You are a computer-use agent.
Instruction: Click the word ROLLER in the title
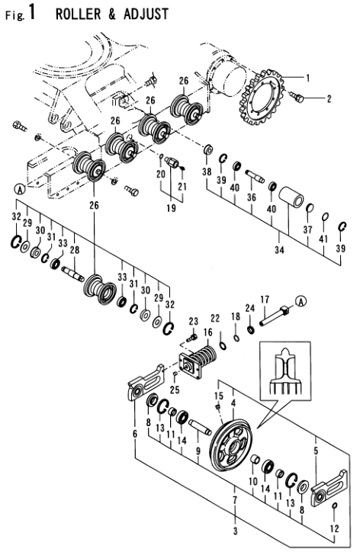[78, 14]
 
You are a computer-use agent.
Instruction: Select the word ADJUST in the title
[146, 14]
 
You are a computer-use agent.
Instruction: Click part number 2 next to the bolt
[329, 99]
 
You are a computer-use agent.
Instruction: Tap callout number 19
[171, 208]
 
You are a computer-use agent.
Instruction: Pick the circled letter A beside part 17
[301, 301]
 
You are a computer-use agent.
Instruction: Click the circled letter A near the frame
[20, 190]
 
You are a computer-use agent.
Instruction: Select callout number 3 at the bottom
[236, 531]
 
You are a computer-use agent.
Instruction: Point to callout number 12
[334, 529]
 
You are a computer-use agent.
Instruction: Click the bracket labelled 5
[329, 488]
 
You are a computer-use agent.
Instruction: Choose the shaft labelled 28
[72, 274]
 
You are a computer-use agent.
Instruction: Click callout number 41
[323, 239]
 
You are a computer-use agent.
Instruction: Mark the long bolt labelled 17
[275, 316]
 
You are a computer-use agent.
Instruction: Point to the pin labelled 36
[255, 176]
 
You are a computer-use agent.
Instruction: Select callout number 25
[175, 390]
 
